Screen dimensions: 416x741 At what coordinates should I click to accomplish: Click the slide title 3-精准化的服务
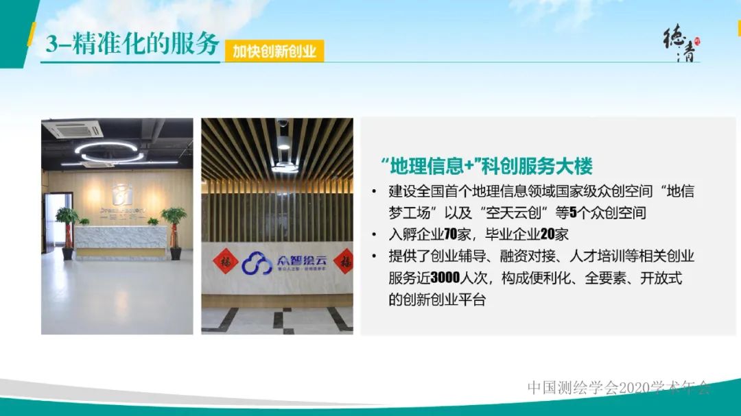132,43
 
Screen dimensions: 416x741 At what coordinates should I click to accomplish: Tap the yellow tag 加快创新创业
274,51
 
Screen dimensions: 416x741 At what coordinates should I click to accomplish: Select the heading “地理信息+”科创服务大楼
486,166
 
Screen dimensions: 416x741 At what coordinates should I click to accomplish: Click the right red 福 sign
342,260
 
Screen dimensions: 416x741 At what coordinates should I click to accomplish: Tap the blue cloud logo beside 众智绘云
257,263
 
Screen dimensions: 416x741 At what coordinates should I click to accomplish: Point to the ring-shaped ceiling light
109,151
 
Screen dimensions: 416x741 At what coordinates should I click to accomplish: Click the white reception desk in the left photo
120,240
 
